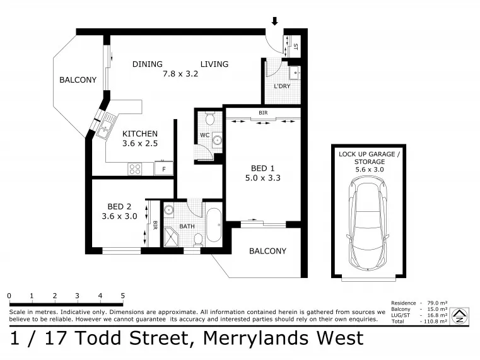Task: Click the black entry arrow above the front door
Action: (274, 21)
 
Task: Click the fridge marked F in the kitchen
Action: (164, 168)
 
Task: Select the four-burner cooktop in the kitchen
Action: (135, 169)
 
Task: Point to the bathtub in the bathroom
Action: (214, 226)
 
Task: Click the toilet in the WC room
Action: (209, 119)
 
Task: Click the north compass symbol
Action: (460, 315)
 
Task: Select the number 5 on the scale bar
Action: (123, 296)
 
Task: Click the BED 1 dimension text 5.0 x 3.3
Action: (262, 178)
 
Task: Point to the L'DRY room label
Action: (282, 86)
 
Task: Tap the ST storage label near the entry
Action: (295, 47)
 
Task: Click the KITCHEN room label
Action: (140, 134)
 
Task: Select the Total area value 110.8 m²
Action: (435, 321)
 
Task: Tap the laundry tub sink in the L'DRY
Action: (295, 73)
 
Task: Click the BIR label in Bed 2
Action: (155, 226)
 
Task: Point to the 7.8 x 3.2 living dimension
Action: (180, 74)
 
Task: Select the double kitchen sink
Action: (105, 125)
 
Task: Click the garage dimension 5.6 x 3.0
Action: (369, 170)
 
